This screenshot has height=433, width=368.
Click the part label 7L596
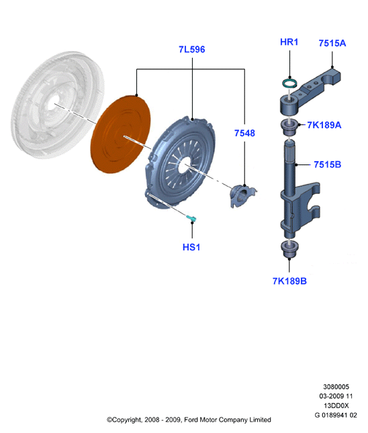point(192,50)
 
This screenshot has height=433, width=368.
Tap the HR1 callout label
point(289,42)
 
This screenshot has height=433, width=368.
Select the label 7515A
point(332,43)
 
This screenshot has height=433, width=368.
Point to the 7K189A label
point(324,125)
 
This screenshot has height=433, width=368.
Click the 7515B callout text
point(328,164)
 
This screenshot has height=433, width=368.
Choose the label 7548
point(244,133)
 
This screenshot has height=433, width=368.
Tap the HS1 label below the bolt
point(191,247)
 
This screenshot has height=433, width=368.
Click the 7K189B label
point(289,281)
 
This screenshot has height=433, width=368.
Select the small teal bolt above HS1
point(191,218)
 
